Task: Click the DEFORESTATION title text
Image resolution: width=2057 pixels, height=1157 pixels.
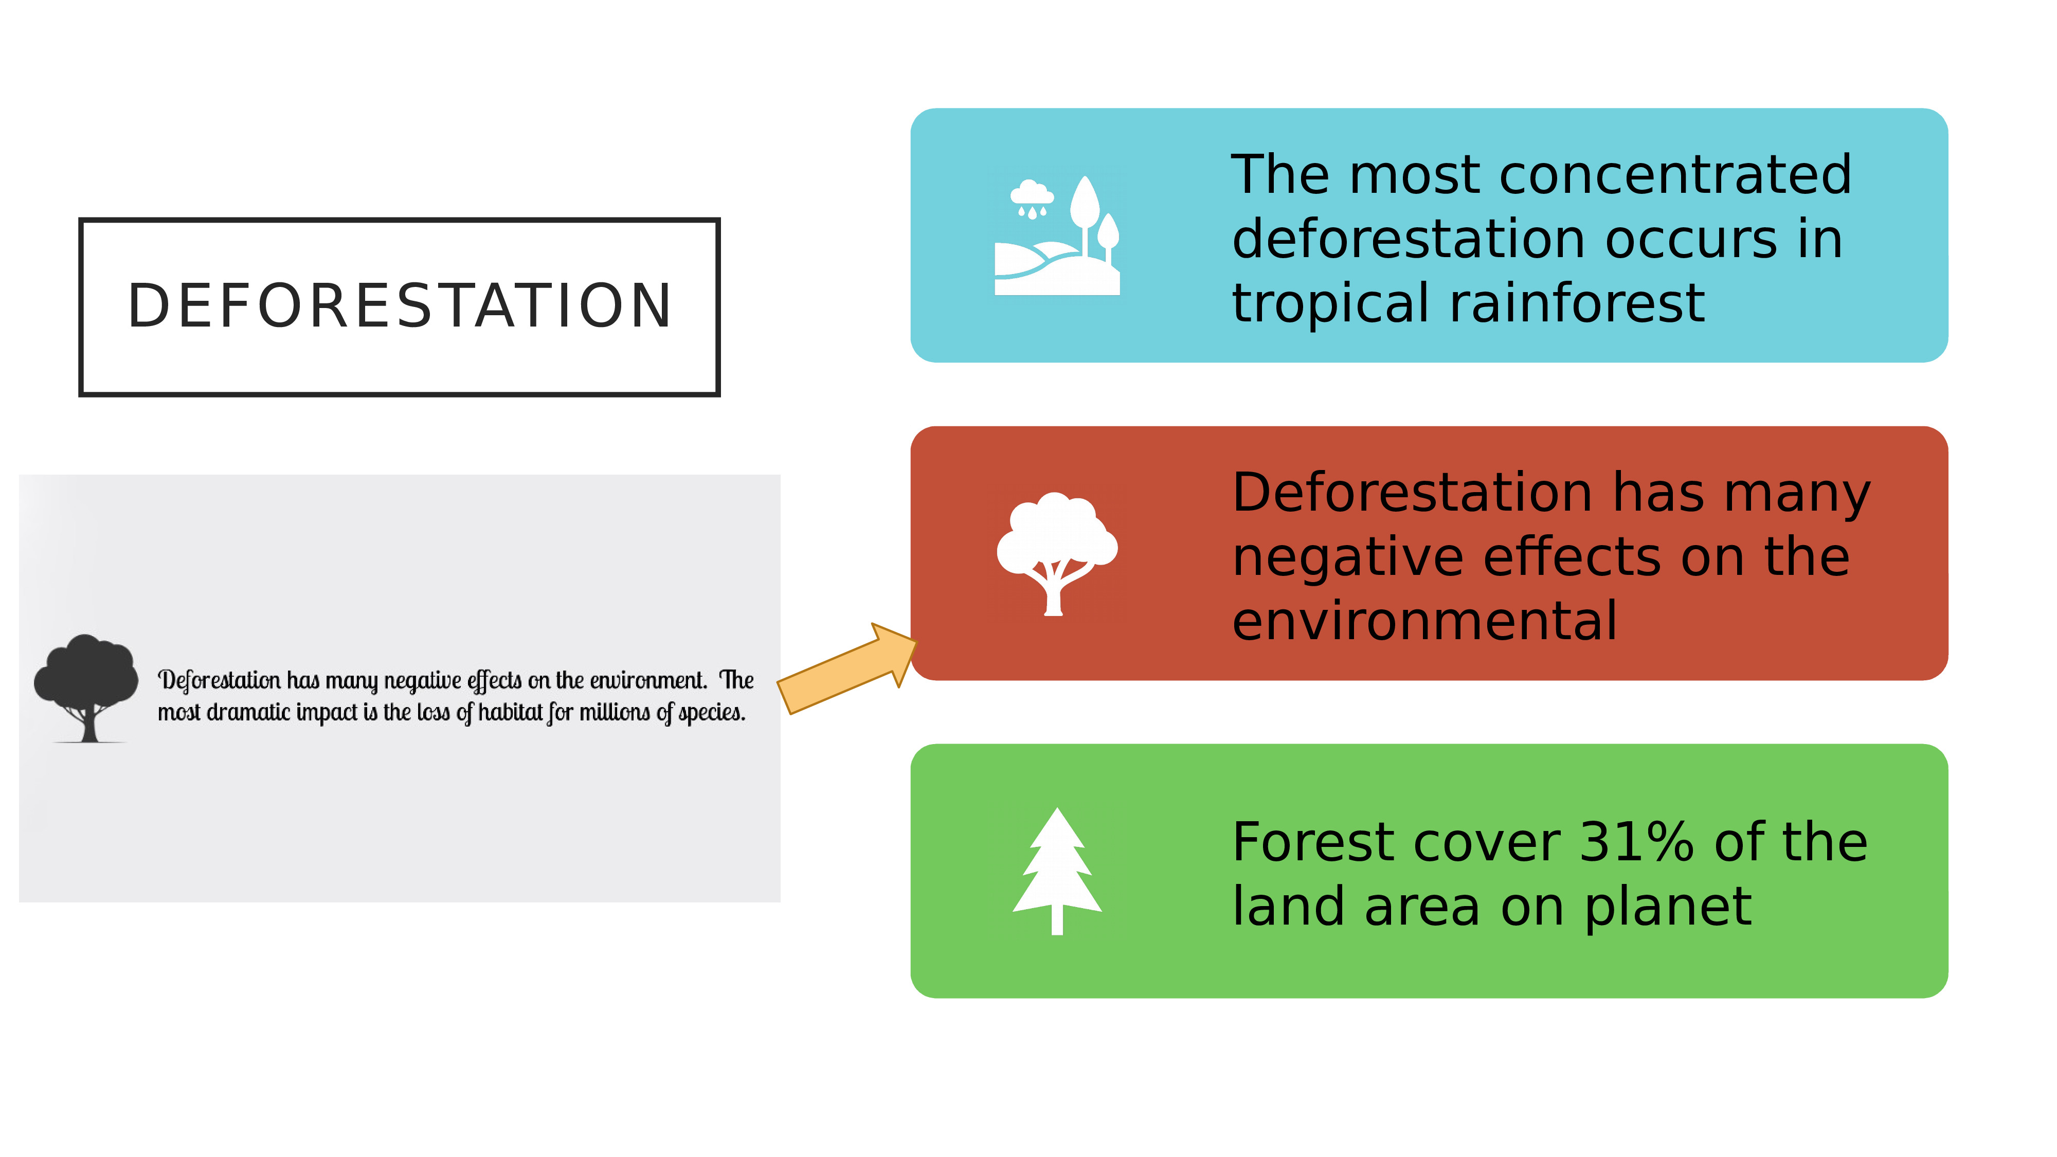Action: [x=399, y=306]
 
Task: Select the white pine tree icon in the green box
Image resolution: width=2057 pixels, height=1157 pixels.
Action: [x=1057, y=871]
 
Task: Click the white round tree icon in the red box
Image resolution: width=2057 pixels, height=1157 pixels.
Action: [x=1056, y=553]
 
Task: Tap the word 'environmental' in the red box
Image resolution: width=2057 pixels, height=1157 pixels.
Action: [x=1424, y=621]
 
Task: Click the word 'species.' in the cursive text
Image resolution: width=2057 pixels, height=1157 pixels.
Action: [x=712, y=712]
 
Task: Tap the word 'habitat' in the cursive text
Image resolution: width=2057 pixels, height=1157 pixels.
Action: [x=511, y=712]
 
